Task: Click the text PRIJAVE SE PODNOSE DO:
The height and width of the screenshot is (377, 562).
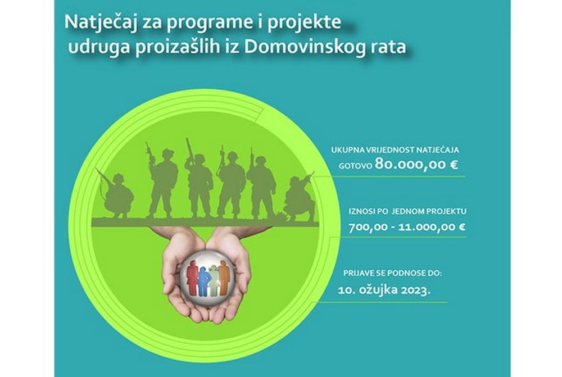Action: [x=393, y=275]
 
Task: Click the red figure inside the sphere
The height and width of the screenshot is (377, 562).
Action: [x=192, y=275]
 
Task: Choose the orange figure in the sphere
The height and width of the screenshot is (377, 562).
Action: [x=224, y=275]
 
